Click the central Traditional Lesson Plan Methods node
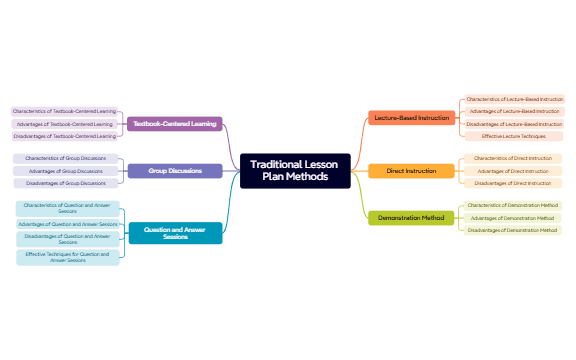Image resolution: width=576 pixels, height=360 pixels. (295, 171)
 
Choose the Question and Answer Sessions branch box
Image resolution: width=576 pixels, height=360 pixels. (175, 233)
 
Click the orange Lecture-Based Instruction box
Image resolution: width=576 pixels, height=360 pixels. (411, 118)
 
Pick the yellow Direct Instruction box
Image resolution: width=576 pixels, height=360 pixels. (411, 171)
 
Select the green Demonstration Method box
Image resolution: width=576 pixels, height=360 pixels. (411, 218)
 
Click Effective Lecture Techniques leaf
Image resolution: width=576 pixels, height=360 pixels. (513, 135)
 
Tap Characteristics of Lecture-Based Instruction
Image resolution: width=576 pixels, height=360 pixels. (514, 99)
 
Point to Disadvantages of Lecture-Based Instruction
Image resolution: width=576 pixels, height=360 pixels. (514, 123)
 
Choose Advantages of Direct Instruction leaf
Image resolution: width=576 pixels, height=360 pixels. (512, 171)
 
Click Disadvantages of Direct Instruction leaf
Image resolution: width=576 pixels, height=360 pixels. (512, 183)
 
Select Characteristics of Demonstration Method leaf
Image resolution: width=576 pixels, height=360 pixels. (513, 205)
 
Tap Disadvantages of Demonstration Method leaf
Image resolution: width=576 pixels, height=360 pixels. (513, 230)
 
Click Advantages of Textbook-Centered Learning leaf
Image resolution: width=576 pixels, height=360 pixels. (65, 124)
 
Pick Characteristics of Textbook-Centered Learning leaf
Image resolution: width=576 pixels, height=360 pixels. (65, 111)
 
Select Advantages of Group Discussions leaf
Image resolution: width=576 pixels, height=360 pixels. (65, 171)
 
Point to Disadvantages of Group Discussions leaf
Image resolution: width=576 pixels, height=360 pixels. (65, 183)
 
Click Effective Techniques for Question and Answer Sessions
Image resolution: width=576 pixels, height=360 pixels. (68, 257)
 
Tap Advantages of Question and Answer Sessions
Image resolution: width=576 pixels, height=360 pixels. (68, 224)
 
